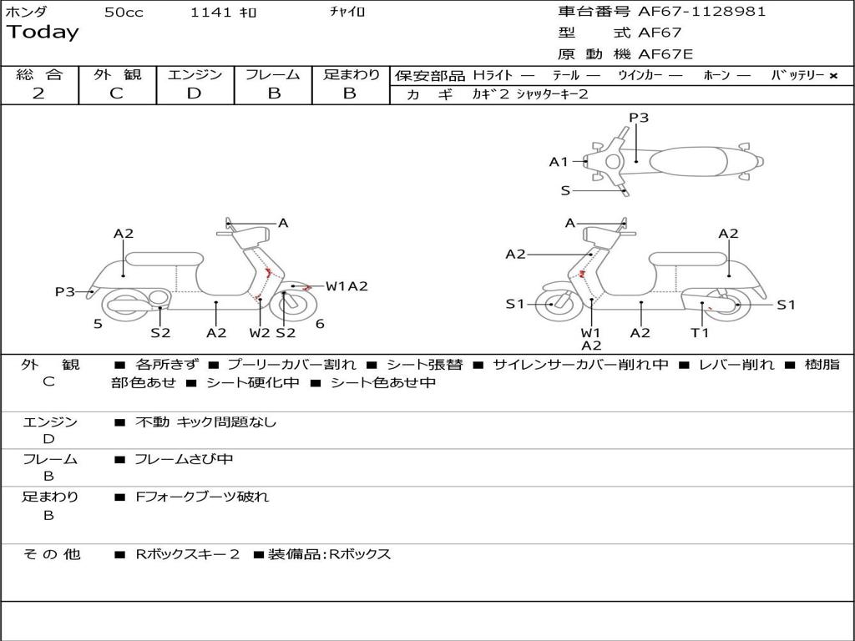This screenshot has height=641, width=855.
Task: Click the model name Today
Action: [43, 33]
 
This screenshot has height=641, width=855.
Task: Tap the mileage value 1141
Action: [211, 13]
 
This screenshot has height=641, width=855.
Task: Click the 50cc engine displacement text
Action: [124, 13]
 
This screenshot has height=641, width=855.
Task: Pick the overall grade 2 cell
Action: [38, 93]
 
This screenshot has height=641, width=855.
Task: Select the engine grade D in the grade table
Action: [194, 93]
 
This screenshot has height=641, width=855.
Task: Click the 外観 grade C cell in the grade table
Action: [116, 93]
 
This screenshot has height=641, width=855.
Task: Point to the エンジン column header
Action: [195, 75]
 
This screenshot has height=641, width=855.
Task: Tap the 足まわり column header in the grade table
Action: [351, 75]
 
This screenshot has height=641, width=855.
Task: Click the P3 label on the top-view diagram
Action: [639, 118]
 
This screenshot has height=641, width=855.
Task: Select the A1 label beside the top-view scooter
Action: [559, 162]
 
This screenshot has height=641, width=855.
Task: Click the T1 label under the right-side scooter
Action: [700, 333]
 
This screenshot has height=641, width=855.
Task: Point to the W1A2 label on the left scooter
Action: [347, 286]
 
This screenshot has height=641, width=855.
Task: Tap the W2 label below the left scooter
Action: [260, 333]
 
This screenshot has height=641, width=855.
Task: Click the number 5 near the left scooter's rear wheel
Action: [98, 324]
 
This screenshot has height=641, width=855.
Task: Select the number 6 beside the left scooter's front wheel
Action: [320, 324]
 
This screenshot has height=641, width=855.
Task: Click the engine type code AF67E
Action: [665, 54]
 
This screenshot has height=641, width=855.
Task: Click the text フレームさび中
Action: [184, 459]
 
